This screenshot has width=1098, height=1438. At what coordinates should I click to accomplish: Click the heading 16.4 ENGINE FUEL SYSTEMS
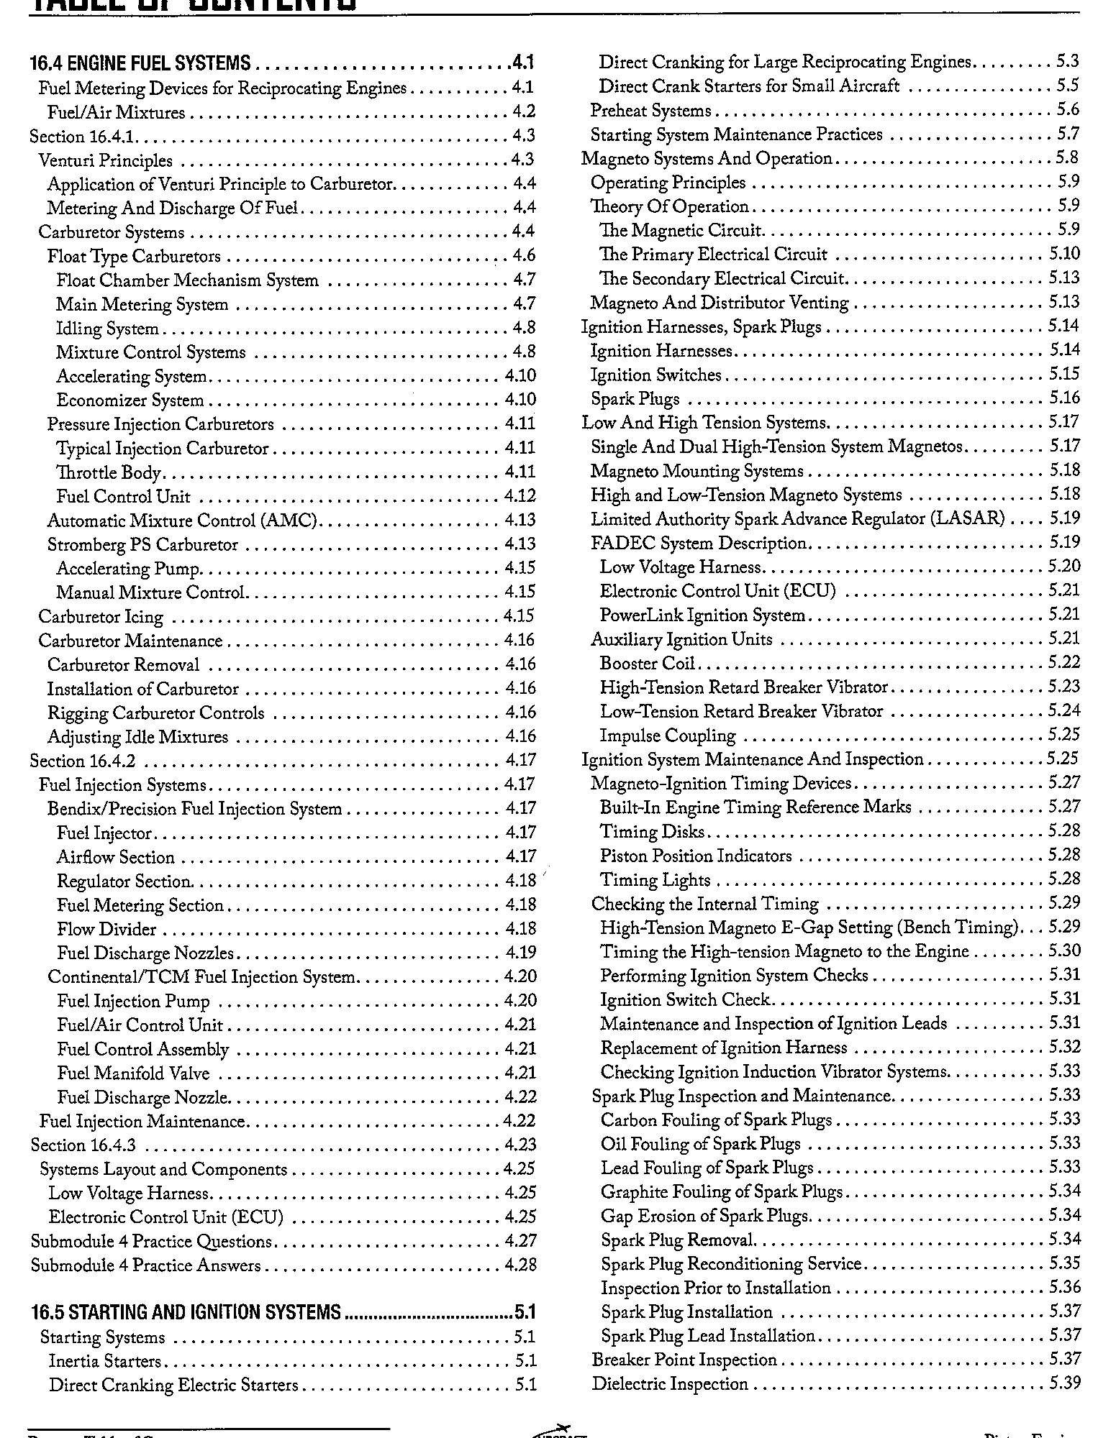(x=140, y=63)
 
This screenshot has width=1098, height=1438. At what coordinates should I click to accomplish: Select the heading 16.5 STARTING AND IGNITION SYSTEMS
(x=186, y=1312)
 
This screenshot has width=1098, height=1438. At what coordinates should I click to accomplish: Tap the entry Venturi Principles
(x=105, y=160)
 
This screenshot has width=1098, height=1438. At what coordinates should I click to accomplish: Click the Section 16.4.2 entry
(x=82, y=761)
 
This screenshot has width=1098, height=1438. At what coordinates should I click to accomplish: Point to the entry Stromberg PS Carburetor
(x=142, y=544)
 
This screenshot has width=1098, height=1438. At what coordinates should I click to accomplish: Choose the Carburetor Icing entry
(x=101, y=617)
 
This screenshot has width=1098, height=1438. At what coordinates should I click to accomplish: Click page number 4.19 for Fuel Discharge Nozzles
(x=521, y=953)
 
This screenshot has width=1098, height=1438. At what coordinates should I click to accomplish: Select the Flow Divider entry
(x=106, y=929)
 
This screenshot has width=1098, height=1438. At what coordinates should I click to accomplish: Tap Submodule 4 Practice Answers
(x=145, y=1265)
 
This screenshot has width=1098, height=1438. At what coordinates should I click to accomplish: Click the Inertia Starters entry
(x=105, y=1361)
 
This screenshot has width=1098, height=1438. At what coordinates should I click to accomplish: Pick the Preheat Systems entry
(x=650, y=111)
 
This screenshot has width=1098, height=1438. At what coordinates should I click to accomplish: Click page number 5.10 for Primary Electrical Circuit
(x=1064, y=254)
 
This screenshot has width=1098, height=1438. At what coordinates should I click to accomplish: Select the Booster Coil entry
(x=647, y=663)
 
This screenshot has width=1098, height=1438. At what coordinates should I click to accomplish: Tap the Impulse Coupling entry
(x=668, y=736)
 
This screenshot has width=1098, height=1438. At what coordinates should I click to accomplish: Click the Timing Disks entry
(x=652, y=832)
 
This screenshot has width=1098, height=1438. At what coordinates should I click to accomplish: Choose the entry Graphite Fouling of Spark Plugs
(x=721, y=1192)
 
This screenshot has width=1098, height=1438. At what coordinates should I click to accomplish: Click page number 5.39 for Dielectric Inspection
(x=1064, y=1384)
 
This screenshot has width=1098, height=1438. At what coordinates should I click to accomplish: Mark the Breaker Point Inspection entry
(x=684, y=1360)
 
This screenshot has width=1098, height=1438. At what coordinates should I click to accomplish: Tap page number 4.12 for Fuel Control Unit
(x=520, y=496)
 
